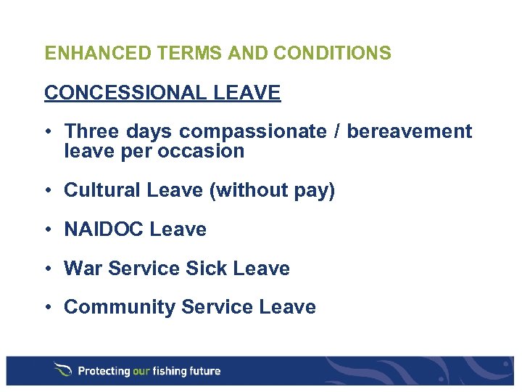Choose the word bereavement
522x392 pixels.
pyautogui.click(x=410, y=131)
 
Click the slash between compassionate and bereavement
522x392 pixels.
pyautogui.click(x=336, y=131)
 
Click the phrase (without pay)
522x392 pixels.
pyautogui.click(x=272, y=191)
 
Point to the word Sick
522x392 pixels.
pyautogui.click(x=206, y=269)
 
